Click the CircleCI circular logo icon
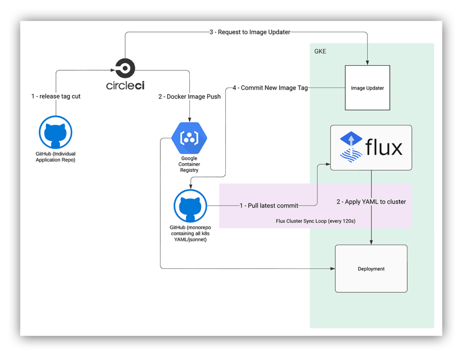pos(125,69)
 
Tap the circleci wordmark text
pos(126,85)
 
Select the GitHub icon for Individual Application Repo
pos(55,132)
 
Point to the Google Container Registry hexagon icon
pos(189,138)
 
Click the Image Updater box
pos(367,88)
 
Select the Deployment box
pos(371,269)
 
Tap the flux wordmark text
pos(384,148)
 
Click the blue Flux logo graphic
pos(351,147)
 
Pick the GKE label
pos(320,52)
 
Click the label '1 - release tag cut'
pos(56,96)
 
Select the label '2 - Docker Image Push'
pos(189,96)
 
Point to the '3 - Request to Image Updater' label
pos(250,32)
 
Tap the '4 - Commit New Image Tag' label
pos(270,88)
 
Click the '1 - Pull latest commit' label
pos(269,206)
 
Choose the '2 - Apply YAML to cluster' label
pos(371,202)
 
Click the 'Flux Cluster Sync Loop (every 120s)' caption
pos(315,221)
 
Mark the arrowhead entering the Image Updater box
pos(367,62)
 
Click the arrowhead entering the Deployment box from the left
pos(333,269)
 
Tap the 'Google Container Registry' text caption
pos(189,164)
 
